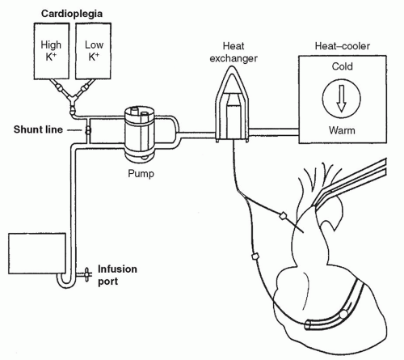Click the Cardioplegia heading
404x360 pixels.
[x=72, y=14]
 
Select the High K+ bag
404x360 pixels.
[x=51, y=51]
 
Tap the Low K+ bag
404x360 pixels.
[x=93, y=51]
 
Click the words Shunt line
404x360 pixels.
[x=38, y=129]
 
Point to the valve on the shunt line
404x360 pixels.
[x=88, y=130]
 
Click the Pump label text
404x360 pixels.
[x=141, y=173]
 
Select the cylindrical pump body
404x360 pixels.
[x=140, y=133]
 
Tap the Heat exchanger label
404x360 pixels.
[x=234, y=52]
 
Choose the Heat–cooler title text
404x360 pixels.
[x=343, y=46]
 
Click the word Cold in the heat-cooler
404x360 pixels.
[x=342, y=66]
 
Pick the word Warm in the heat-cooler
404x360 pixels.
[x=342, y=130]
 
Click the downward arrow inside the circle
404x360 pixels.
[x=341, y=98]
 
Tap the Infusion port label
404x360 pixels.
[x=117, y=275]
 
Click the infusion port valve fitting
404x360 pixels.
[x=86, y=274]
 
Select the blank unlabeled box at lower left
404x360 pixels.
[x=37, y=253]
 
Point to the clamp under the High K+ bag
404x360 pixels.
[x=59, y=87]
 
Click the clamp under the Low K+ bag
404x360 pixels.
[x=85, y=87]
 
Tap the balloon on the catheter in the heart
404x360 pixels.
[x=343, y=314]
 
